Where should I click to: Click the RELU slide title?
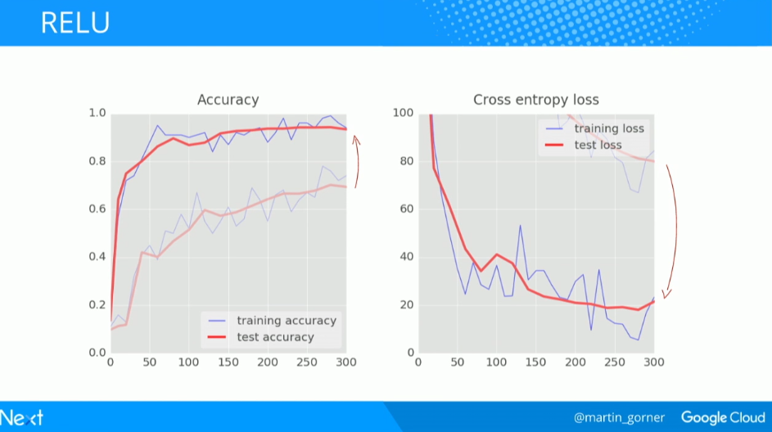click(x=75, y=23)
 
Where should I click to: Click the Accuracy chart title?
click(x=228, y=100)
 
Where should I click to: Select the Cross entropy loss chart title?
click(x=535, y=100)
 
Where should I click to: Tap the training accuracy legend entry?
click(x=286, y=321)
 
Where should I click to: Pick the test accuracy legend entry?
click(x=275, y=337)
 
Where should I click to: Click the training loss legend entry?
click(x=608, y=128)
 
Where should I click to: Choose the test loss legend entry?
click(x=598, y=145)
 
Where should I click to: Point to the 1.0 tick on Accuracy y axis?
click(x=97, y=113)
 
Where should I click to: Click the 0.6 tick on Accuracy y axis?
click(x=97, y=209)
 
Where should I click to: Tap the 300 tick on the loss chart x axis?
click(x=653, y=362)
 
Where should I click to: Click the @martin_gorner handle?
click(x=619, y=417)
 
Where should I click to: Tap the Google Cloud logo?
click(x=722, y=417)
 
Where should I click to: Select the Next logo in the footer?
click(x=22, y=417)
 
